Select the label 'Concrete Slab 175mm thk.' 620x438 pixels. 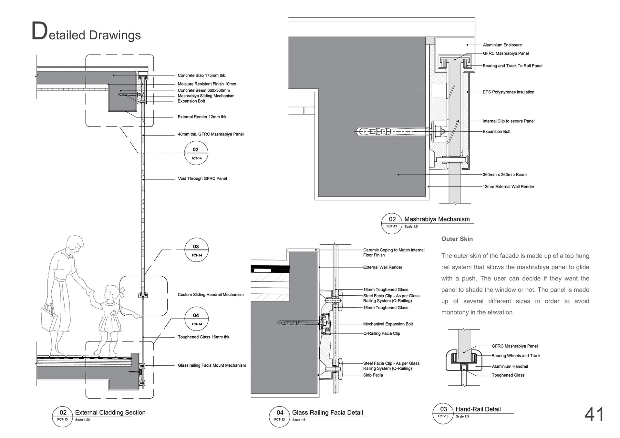coord(202,76)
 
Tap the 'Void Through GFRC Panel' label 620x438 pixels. coord(202,178)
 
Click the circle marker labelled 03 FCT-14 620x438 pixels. coord(196,250)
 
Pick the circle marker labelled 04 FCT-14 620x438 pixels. coord(196,319)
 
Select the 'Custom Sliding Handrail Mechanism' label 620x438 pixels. coord(211,295)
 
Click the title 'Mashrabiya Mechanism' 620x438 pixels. coord(437,219)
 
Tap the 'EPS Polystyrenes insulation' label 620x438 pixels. coord(508,92)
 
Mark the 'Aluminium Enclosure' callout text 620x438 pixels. coord(502,45)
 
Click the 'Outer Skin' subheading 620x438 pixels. coord(457,239)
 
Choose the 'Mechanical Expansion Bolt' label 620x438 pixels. coord(388,324)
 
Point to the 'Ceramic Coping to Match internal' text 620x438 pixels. coord(394,250)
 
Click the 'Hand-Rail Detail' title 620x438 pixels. coord(478,409)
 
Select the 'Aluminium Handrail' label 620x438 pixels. coord(510,366)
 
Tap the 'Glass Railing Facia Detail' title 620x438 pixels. coord(327,413)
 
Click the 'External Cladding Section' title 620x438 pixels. coord(110,413)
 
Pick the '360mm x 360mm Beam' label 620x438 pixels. coord(504,175)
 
